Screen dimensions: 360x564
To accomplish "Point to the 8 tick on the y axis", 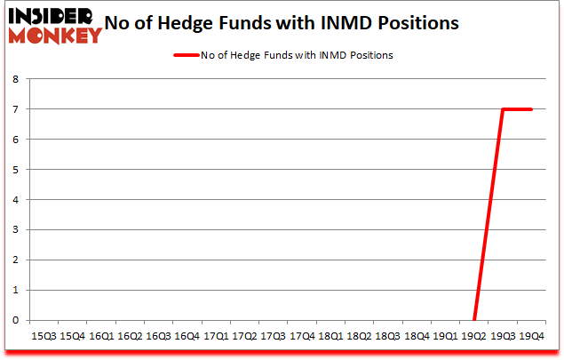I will (x=16, y=79).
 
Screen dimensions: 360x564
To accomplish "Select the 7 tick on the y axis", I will (x=16, y=109).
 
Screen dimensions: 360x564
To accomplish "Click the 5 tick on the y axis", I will (x=16, y=170).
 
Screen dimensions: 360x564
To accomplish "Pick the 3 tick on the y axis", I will (x=16, y=230).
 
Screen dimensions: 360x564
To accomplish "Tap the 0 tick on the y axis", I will (x=16, y=321).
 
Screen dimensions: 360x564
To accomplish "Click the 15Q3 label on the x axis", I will (x=44, y=337).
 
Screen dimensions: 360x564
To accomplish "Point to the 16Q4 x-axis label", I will (x=187, y=337).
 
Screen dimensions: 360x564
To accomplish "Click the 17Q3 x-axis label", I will (x=273, y=337).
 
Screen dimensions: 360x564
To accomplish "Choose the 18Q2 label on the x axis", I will (x=359, y=337).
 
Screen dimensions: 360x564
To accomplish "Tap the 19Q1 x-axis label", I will (x=445, y=337).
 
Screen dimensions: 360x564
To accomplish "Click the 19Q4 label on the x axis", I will (x=531, y=337).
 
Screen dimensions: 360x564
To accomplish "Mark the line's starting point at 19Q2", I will (x=474, y=320).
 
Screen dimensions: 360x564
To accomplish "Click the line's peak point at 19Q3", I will (x=503, y=109).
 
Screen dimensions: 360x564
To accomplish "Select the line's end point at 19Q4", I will (x=531, y=109).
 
